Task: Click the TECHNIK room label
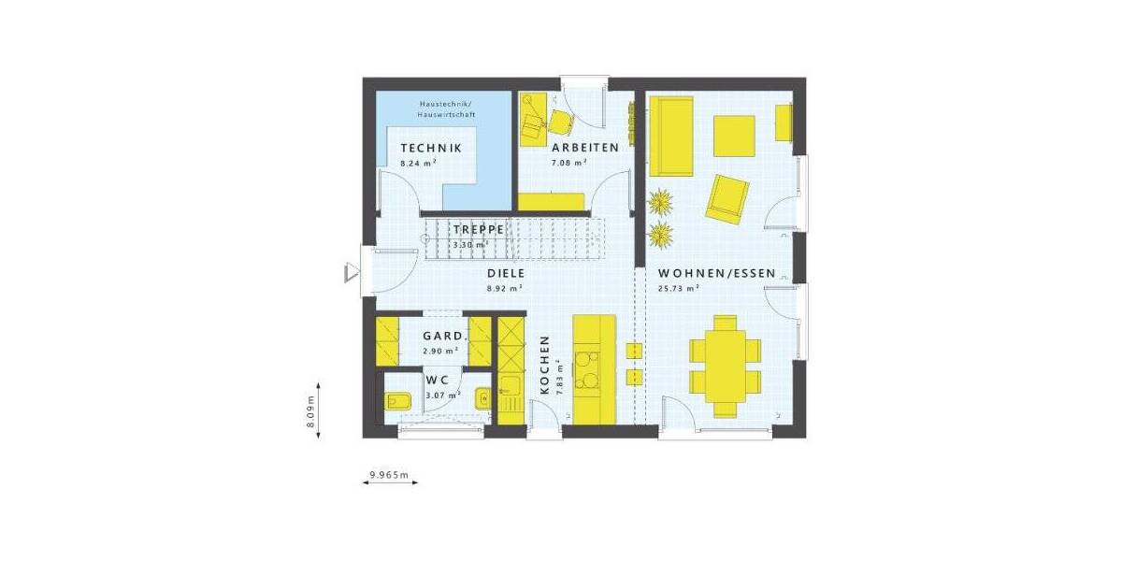click(431, 149)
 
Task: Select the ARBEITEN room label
click(584, 149)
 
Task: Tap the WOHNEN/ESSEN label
click(716, 274)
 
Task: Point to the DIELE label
click(505, 274)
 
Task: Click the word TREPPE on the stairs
click(479, 229)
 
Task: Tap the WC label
click(438, 381)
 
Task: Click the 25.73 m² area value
click(679, 289)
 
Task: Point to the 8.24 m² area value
click(419, 163)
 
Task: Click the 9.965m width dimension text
click(389, 475)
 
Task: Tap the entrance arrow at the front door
click(352, 271)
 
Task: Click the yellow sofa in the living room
click(669, 135)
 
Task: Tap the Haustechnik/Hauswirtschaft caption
click(447, 108)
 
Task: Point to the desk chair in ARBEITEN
click(561, 121)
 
